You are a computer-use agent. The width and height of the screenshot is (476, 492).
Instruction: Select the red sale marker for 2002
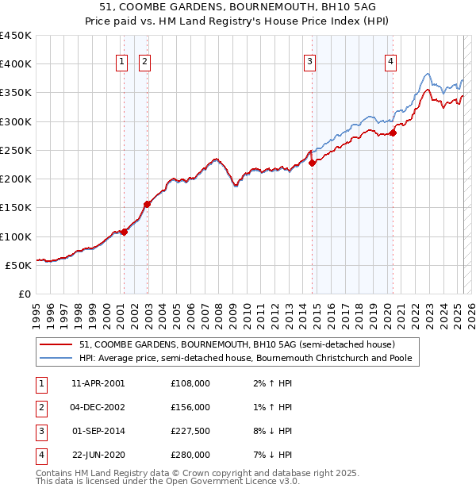tap(147, 204)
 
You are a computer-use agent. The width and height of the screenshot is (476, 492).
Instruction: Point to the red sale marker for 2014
tap(312, 163)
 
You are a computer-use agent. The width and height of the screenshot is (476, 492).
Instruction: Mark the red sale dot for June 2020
tap(393, 133)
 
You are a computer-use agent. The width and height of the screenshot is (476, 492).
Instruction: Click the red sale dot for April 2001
tap(124, 232)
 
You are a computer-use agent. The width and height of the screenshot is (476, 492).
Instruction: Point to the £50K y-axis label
tap(18, 265)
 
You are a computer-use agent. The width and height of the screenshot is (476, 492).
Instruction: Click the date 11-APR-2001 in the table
tap(98, 383)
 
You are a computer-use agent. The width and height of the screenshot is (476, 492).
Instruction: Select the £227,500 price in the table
tap(191, 431)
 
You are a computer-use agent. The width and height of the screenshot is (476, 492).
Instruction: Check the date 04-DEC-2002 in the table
tap(98, 407)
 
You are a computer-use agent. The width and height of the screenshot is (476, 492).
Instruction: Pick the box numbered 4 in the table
tap(40, 455)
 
